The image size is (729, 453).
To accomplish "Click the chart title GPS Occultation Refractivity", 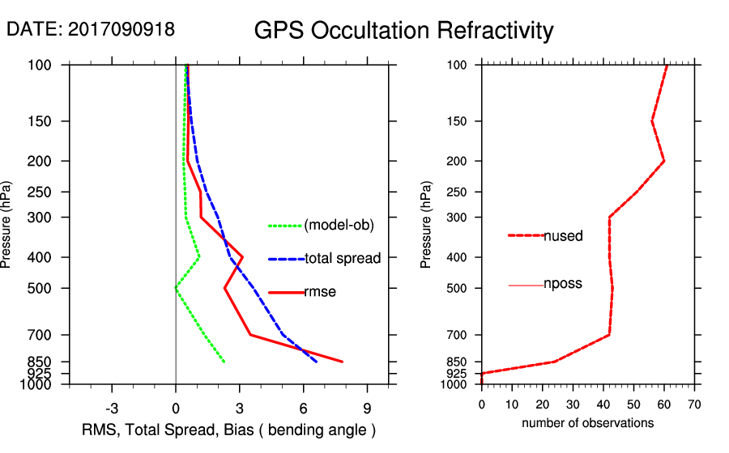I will click(x=403, y=31).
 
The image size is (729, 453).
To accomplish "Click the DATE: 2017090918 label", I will click(x=91, y=29).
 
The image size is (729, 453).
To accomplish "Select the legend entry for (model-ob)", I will click(x=339, y=225).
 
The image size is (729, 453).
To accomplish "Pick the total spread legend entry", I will click(x=342, y=259).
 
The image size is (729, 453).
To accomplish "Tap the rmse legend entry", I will click(x=319, y=292).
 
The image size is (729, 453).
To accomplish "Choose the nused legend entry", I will click(x=563, y=235).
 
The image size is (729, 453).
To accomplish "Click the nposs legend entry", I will click(x=563, y=284).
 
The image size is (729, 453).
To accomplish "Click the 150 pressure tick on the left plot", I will click(x=52, y=121).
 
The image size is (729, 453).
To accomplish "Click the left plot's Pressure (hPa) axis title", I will click(x=7, y=225).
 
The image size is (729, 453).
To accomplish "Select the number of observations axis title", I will click(x=587, y=422).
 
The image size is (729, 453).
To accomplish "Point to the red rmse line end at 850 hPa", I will click(x=343, y=362).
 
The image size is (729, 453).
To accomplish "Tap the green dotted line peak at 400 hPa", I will click(x=199, y=258).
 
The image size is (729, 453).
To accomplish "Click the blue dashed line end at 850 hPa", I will click(x=317, y=362).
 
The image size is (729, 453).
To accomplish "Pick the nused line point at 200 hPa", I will click(x=664, y=161).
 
